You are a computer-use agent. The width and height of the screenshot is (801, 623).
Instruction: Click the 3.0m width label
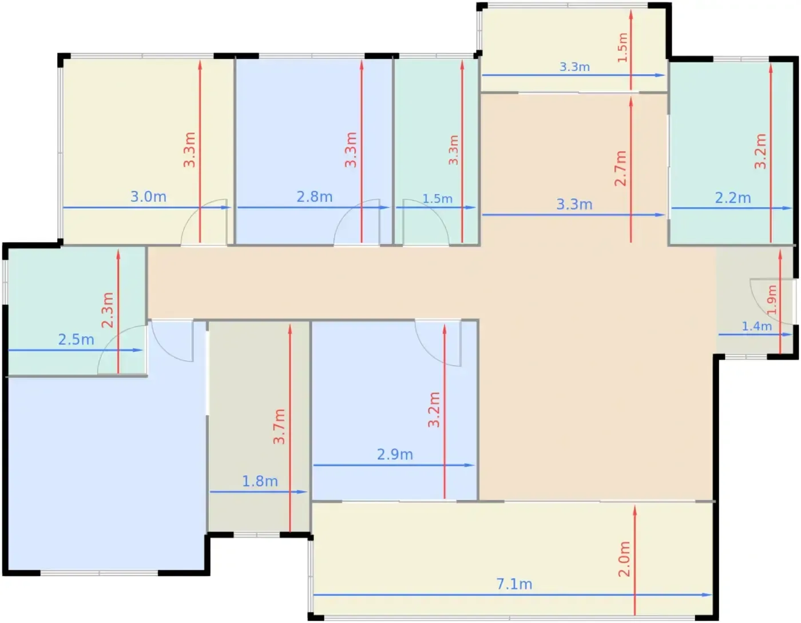[x=148, y=197]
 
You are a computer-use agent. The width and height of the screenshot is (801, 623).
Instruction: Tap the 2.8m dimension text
[x=315, y=197]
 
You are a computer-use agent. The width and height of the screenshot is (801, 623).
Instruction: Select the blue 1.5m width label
[x=437, y=199]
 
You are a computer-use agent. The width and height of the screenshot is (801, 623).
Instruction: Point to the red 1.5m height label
[x=622, y=47]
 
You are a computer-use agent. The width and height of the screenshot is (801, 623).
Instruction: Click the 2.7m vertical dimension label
[x=620, y=168]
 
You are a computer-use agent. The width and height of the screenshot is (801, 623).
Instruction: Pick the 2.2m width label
[x=733, y=198]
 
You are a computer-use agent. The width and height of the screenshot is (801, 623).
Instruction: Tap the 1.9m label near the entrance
[x=771, y=300]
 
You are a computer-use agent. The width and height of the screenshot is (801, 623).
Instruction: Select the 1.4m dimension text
[x=756, y=326]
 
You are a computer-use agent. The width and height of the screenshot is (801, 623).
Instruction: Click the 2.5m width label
[x=76, y=340]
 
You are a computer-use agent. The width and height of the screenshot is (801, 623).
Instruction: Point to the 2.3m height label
[x=107, y=310]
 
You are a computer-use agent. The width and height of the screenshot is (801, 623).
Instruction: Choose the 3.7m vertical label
[x=279, y=426]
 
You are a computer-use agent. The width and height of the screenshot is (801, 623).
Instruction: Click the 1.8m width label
[x=260, y=481]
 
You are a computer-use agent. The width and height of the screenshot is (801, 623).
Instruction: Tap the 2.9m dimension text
[x=395, y=455]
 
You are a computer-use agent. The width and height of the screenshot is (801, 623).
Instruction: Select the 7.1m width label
[x=514, y=584]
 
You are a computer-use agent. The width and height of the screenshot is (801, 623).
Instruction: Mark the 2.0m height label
[x=624, y=559]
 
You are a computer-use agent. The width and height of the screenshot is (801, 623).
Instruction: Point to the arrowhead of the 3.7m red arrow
[x=290, y=330]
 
